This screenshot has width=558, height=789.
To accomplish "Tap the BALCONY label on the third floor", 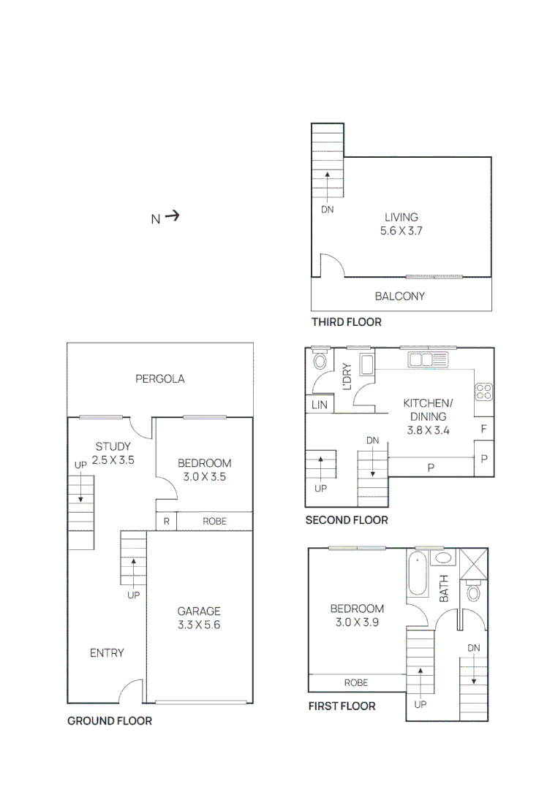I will tap(399, 297).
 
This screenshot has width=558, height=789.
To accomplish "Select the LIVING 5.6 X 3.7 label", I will tap(401, 224).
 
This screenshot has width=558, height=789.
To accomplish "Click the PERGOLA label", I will tap(160, 378).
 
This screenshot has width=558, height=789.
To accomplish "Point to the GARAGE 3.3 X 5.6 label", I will tap(199, 618).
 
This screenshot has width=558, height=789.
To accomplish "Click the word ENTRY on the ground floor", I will tap(107, 653).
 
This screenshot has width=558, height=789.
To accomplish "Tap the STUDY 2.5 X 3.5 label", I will tap(113, 454).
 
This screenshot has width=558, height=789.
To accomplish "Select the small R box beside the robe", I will tap(167, 522).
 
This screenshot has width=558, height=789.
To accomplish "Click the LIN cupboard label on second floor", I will tap(320, 404).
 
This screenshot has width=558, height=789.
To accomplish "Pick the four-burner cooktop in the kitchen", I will tap(483, 391).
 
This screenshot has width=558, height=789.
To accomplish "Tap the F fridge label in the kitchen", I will tap(483, 429).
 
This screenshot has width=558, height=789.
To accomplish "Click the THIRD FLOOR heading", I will tap(346, 322).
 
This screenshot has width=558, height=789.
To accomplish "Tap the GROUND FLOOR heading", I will tap(110, 721).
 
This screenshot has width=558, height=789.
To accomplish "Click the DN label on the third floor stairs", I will tap(327, 209).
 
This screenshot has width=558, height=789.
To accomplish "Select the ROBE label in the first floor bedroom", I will tap(356, 683).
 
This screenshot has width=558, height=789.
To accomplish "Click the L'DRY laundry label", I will tap(347, 376).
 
